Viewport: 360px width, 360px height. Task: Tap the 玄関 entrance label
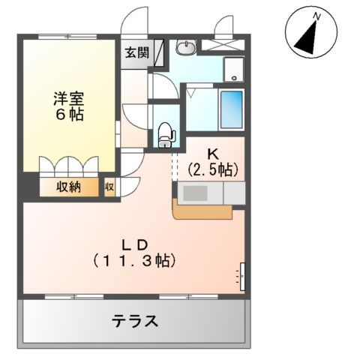point(136,53)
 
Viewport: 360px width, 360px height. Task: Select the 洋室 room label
point(68,97)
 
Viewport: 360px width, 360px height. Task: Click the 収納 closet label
point(69,187)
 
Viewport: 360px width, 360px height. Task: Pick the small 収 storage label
point(109,187)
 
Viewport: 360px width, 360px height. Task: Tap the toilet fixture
point(166,130)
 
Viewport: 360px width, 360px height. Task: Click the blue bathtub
point(231,109)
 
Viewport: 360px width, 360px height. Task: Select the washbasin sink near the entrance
point(185,47)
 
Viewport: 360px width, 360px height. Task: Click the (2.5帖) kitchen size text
point(213,169)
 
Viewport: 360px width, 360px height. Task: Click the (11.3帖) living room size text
point(135,262)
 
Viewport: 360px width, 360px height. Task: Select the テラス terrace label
point(135,322)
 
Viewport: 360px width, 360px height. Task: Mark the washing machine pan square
point(234,70)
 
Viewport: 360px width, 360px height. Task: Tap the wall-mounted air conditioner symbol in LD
point(241,275)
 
